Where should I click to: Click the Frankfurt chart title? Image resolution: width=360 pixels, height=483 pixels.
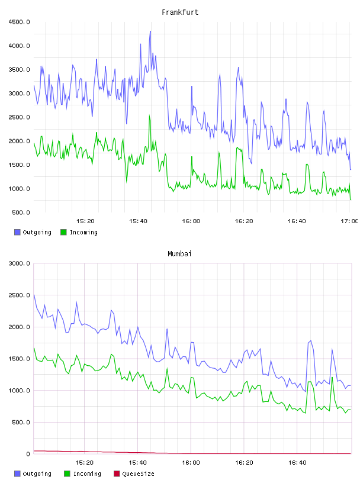click(180, 12)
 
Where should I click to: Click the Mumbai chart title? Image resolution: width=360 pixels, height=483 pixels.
click(179, 253)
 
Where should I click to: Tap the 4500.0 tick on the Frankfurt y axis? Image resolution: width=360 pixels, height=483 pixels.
click(19, 22)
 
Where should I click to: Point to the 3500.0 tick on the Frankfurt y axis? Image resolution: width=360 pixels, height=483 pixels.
click(19, 70)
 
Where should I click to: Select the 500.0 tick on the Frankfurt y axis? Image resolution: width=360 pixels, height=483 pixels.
click(21, 212)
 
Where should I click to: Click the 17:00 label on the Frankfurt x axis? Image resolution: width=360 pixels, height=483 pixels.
click(349, 221)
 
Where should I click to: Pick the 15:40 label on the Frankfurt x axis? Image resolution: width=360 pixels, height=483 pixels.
click(138, 221)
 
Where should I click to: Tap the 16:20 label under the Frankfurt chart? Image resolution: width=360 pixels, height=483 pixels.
click(244, 221)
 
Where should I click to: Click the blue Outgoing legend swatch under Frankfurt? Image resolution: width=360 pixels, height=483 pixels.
click(17, 232)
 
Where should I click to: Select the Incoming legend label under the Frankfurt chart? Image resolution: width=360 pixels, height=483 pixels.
click(83, 232)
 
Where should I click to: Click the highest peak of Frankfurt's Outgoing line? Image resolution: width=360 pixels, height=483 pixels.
click(150, 31)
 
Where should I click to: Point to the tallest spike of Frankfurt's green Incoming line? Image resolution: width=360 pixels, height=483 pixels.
click(149, 115)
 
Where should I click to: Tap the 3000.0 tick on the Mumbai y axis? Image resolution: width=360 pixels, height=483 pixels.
click(19, 263)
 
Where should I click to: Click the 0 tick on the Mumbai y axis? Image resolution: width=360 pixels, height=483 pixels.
click(28, 454)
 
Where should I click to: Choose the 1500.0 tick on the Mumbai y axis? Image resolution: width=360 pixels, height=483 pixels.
click(19, 359)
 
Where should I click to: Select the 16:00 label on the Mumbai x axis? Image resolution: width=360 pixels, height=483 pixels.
click(191, 462)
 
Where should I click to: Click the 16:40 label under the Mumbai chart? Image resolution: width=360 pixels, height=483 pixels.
click(297, 462)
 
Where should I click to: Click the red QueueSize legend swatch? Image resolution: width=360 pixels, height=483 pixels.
click(117, 474)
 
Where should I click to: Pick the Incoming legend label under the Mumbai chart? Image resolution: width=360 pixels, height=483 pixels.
click(87, 474)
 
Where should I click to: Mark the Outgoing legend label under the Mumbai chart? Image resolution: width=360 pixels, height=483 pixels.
click(37, 474)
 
